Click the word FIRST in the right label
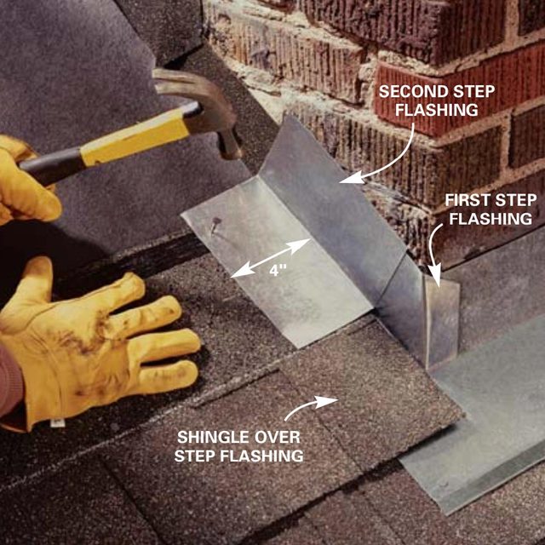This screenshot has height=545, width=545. click(468, 200)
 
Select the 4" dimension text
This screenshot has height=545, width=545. click(277, 270)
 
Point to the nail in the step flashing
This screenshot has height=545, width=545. click(215, 223)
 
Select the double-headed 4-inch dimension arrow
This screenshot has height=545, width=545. click(271, 258)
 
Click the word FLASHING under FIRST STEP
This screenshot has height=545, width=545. click(490, 219)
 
